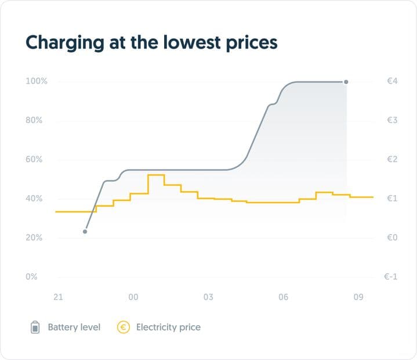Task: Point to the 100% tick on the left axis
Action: pos(36,81)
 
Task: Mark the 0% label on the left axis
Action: pos(31,277)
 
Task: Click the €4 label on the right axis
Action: pos(391,81)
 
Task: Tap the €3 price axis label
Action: pos(391,121)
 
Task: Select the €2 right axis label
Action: pos(391,160)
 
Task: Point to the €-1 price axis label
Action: pos(390,277)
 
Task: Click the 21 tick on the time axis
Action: pos(58,297)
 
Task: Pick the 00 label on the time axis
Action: pos(133,297)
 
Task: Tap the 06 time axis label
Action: pos(283,297)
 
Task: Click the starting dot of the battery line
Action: pos(85,232)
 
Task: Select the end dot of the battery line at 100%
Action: pos(346,82)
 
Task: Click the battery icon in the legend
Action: pos(35,327)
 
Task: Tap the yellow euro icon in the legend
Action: pos(124,327)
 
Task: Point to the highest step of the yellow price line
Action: pos(156,175)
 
